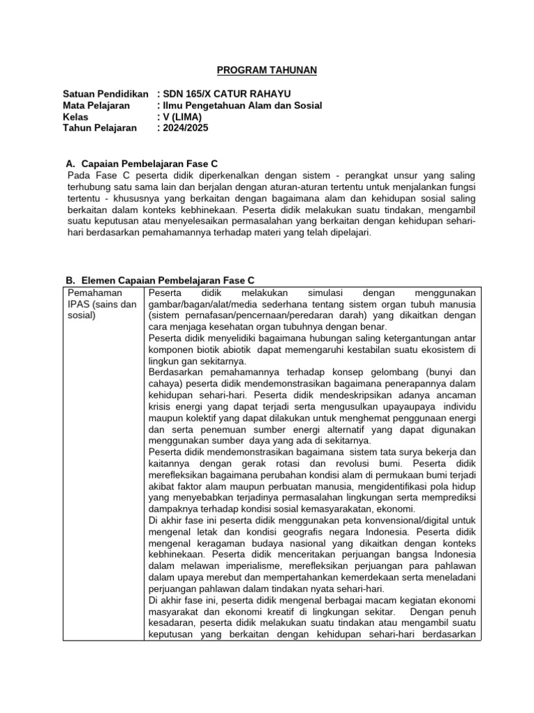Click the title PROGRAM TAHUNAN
[267, 70]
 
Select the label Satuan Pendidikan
[105, 94]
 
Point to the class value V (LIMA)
[183, 116]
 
